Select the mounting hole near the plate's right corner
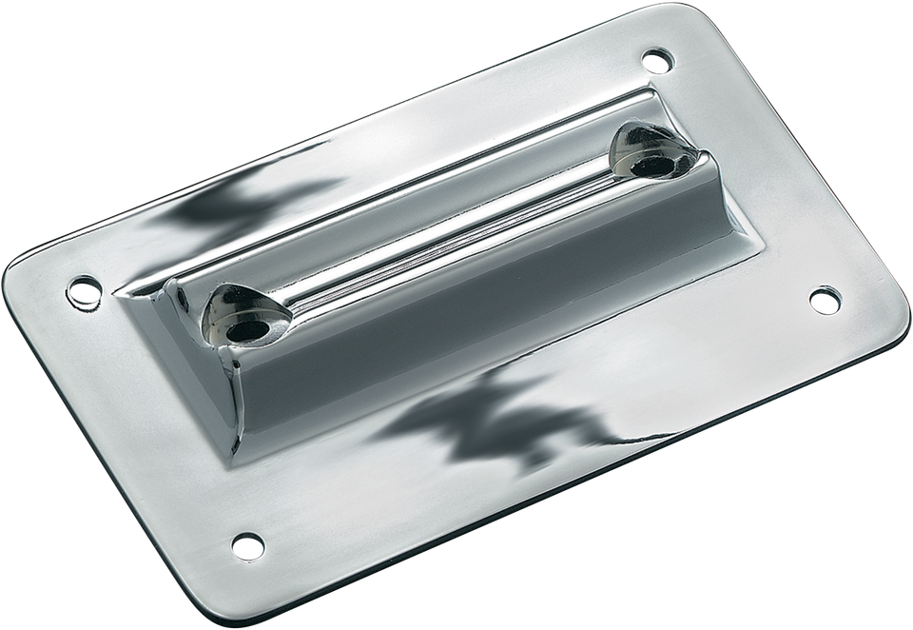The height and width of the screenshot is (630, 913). (822, 299)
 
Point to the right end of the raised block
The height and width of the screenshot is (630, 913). (704, 190)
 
